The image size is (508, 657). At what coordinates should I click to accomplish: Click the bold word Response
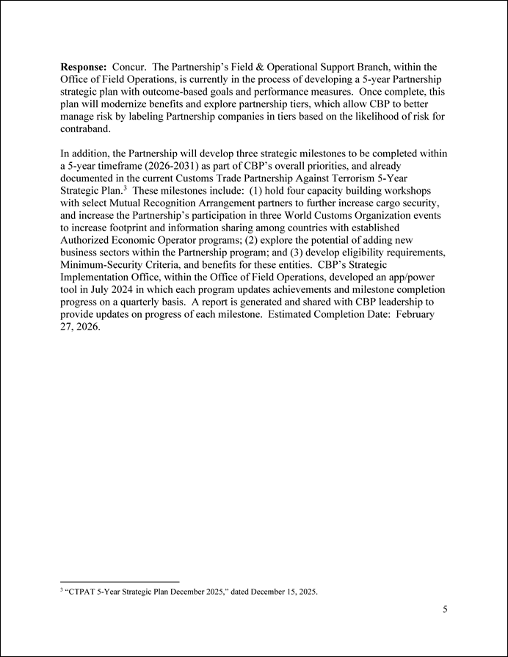point(84,67)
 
